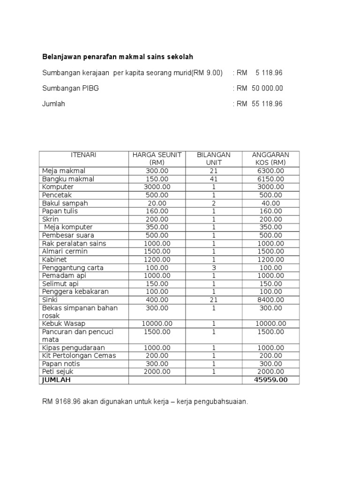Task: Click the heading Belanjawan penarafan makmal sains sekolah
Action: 118,57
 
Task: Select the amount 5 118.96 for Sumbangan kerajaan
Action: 269,73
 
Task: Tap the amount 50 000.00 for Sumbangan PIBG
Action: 267,88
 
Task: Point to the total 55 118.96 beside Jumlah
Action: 267,104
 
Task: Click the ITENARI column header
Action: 83,155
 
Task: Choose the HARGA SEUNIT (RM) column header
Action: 157,158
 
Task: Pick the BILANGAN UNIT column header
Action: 214,158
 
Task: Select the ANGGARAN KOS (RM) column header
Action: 270,158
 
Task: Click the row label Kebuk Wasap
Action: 64,323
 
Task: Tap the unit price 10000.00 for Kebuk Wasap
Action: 157,323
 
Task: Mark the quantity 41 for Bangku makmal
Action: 214,179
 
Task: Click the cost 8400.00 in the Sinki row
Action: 270,300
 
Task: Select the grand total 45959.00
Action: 270,380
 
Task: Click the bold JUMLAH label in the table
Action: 56,380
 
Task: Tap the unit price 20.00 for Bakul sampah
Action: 157,203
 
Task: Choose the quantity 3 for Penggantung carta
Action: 214,268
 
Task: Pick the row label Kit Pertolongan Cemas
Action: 79,356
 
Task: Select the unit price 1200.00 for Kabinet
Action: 157,259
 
